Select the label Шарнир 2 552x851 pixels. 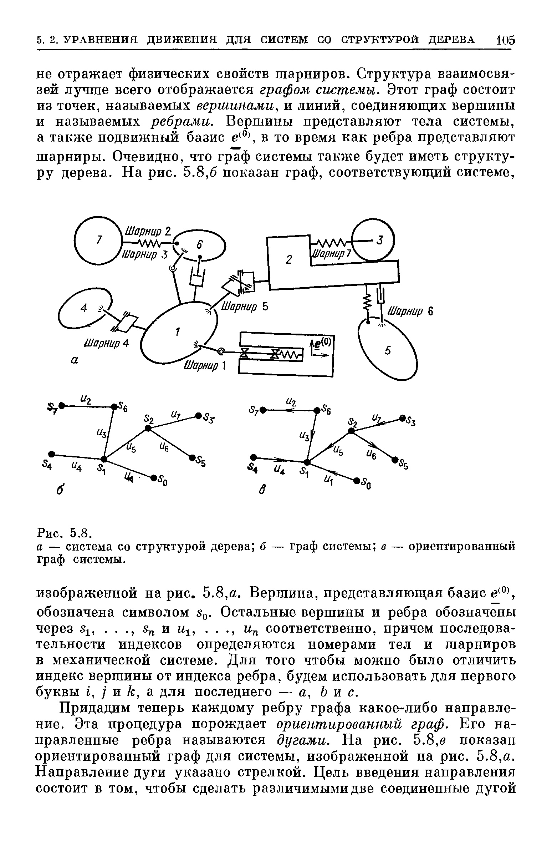pyautogui.click(x=147, y=231)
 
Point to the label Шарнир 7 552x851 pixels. pyautogui.click(x=332, y=254)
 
